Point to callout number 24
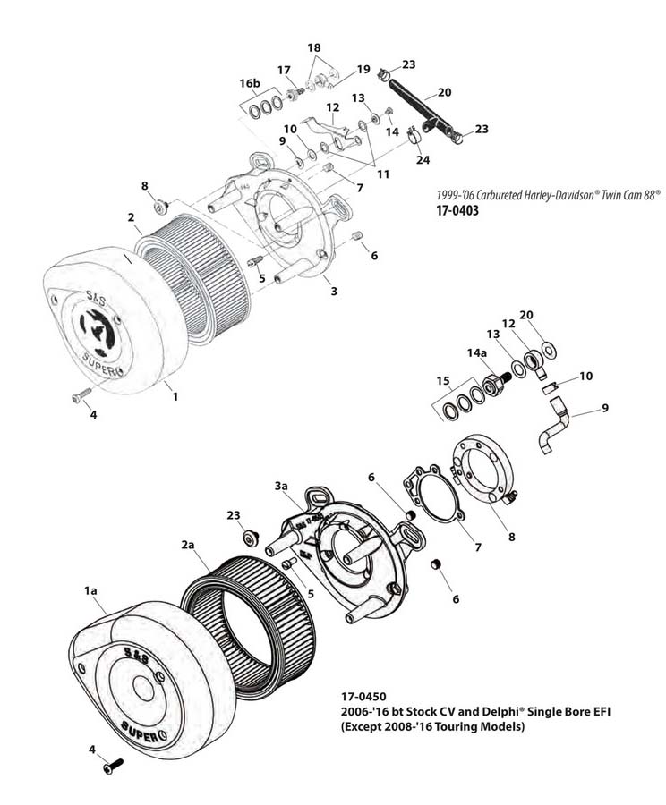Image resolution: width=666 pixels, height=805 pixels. pyautogui.click(x=423, y=160)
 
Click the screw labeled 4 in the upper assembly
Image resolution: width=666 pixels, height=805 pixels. pyautogui.click(x=78, y=396)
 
